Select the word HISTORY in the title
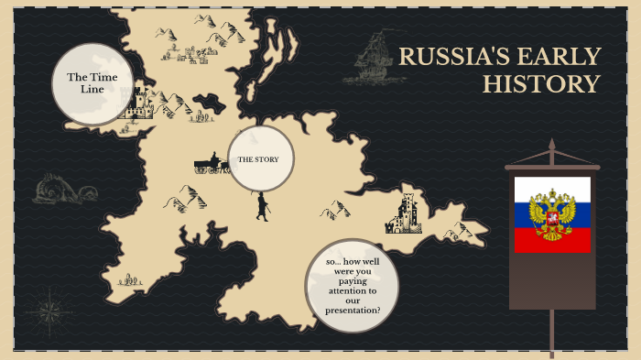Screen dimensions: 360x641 541,85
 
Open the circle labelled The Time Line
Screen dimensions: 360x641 92,83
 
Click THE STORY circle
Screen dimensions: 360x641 260,159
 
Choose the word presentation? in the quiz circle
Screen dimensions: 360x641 353,311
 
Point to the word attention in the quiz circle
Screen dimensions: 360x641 353,287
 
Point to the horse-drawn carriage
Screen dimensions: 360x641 211,166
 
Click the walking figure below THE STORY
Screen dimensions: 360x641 263,206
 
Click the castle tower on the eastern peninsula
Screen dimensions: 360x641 405,213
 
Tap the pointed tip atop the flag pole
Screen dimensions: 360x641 551,145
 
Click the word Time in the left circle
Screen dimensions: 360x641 103,77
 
